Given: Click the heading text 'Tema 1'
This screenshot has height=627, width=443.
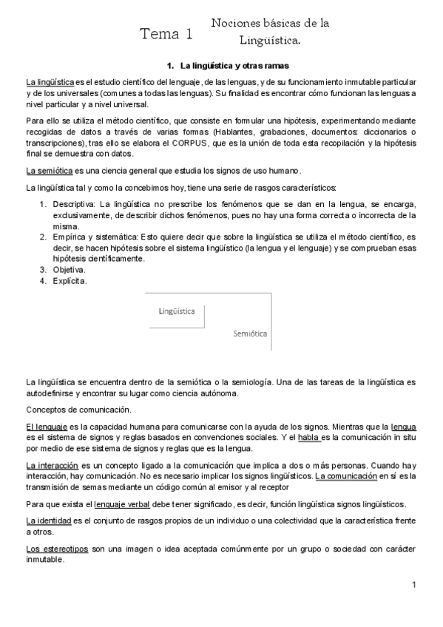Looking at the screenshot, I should click(167, 33).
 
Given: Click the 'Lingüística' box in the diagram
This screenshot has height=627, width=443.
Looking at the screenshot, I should click(177, 311).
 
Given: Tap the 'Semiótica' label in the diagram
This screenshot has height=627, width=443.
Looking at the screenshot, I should click(250, 333).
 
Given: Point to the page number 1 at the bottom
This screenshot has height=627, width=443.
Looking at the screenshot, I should click(415, 586).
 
